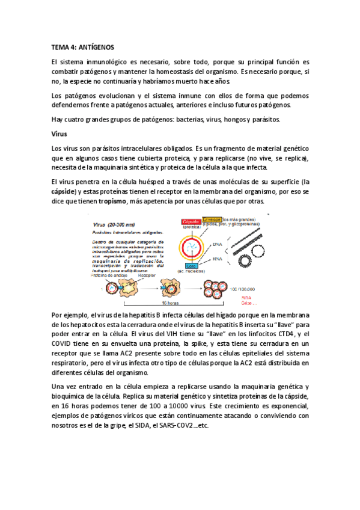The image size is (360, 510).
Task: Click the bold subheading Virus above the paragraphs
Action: point(59,134)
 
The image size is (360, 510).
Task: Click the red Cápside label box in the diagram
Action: point(191,221)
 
